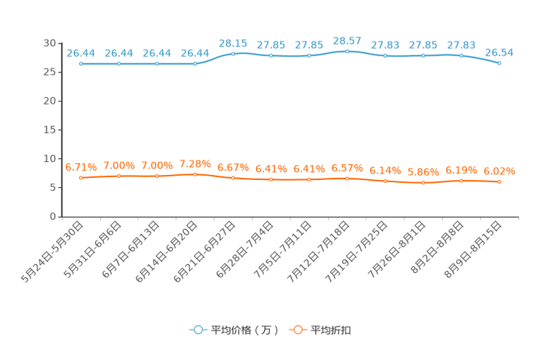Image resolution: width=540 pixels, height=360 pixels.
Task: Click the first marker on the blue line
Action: pos(81,64)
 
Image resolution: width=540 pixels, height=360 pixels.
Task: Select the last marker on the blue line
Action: pos(499,64)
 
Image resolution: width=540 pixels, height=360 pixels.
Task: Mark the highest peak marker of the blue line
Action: pos(348,52)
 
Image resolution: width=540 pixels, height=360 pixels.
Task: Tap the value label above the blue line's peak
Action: pos(347,40)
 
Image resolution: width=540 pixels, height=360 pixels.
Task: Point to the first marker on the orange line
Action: pos(81,177)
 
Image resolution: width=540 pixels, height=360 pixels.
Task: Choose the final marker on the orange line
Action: pos(499,182)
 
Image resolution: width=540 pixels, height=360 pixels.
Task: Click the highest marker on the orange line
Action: pos(195,173)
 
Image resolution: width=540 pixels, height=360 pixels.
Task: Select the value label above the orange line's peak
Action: pos(195,163)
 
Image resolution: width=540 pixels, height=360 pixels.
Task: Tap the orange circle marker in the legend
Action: pos(297,330)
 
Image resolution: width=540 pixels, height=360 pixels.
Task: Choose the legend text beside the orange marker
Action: pos(332,330)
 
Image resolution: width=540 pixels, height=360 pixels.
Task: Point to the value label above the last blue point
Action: pos(499,52)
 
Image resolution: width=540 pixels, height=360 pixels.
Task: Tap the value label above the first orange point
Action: pos(81,166)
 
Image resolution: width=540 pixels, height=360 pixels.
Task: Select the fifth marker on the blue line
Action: pos(233,54)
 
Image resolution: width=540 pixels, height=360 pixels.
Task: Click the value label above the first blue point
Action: pos(81,52)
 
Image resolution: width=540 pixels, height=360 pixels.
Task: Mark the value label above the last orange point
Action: pos(499,171)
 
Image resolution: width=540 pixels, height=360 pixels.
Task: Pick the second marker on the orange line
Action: pos(119,175)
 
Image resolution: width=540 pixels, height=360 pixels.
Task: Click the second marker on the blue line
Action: pos(119,64)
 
